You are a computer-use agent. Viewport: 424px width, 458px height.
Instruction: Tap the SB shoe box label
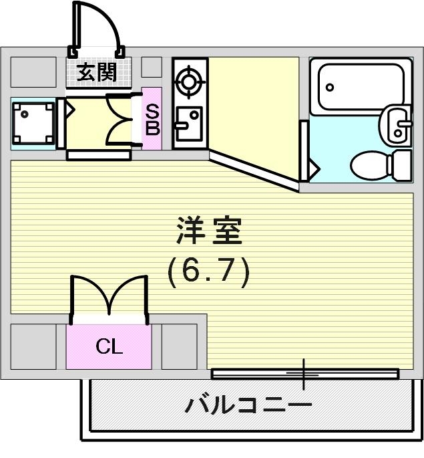[152, 119]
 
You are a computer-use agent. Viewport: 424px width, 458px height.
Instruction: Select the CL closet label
[109, 346]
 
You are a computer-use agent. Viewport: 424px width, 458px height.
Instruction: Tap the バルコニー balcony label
[248, 405]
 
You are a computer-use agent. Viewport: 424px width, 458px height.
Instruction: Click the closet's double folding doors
[109, 295]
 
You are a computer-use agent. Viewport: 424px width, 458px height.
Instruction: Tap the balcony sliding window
[304, 373]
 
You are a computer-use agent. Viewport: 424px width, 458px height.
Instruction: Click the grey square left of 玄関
[33, 72]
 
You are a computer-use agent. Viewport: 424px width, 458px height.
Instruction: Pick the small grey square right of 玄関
[152, 67]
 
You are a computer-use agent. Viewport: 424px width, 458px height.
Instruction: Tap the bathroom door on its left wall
[304, 151]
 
